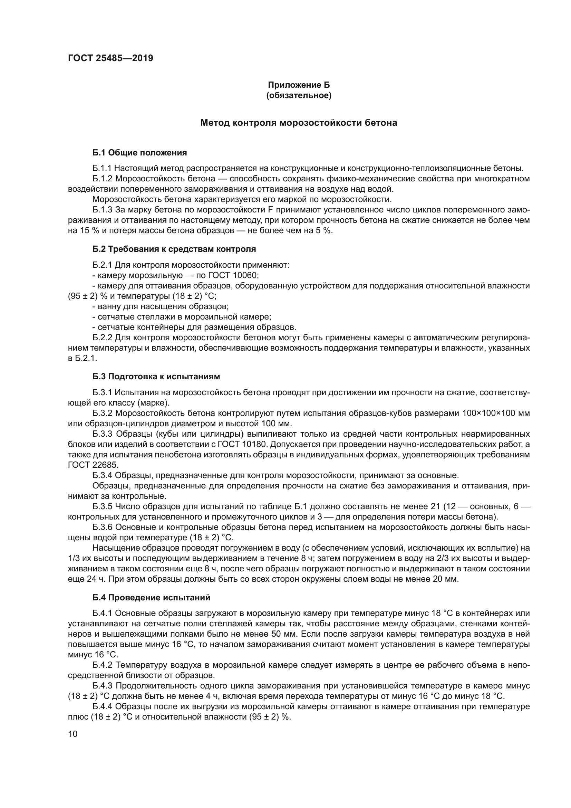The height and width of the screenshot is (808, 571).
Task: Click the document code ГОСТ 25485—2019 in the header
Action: coord(110,58)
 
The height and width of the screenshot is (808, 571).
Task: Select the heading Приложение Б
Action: coord(299,85)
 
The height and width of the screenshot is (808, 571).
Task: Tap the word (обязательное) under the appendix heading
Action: coord(299,96)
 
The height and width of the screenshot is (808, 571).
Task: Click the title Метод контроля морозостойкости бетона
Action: coord(299,123)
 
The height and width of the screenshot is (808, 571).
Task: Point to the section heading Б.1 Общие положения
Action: coord(139,153)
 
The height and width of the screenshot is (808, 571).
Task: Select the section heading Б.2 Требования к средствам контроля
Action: coord(174,249)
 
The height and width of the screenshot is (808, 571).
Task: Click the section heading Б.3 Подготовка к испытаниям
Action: coord(156,377)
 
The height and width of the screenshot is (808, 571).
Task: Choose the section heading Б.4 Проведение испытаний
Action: coord(151,598)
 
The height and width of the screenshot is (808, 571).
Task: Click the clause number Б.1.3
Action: coord(102,210)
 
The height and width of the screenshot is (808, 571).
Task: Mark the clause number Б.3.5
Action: coord(102,506)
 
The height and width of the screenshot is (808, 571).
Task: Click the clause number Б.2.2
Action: coord(102,338)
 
